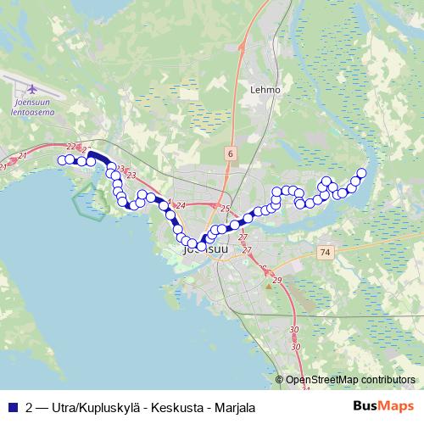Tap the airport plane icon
[x=33, y=88]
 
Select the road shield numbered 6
[x=230, y=152]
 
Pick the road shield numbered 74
[x=326, y=253]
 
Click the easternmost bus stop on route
[x=361, y=173]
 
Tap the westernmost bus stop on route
[x=62, y=159]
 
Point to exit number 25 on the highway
[x=225, y=208]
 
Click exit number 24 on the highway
[x=181, y=206]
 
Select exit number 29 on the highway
[x=277, y=279]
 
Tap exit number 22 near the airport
[x=70, y=148]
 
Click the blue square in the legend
[x=12, y=406]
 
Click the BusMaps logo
[x=389, y=406]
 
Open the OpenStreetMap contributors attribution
[x=350, y=379]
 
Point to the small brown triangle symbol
[x=270, y=286]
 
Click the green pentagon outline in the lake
[x=88, y=201]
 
